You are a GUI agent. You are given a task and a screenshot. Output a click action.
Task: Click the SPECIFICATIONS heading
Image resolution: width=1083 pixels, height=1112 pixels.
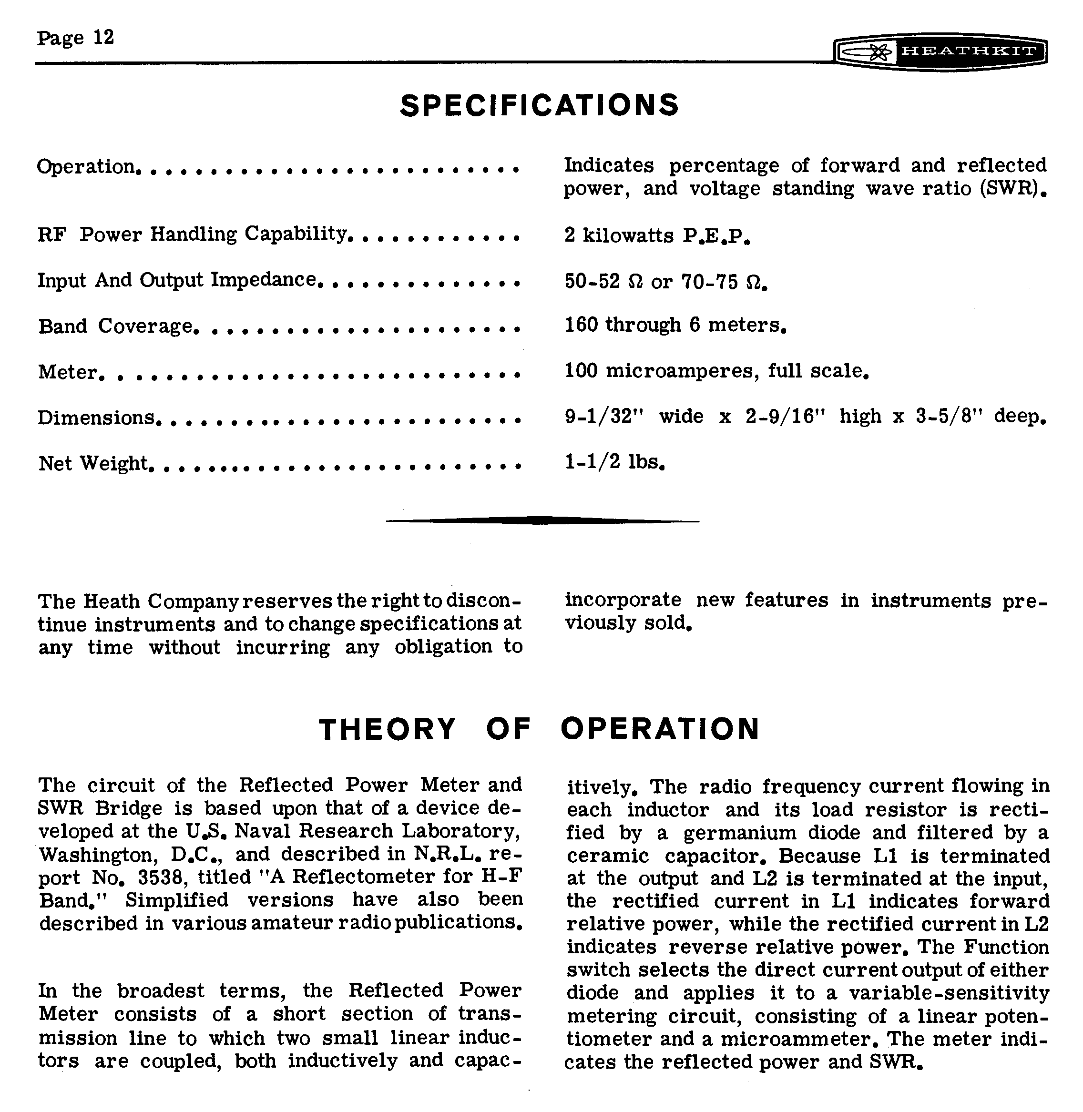click(x=539, y=105)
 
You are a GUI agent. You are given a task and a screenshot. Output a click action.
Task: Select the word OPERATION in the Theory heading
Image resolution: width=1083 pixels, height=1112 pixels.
click(x=660, y=729)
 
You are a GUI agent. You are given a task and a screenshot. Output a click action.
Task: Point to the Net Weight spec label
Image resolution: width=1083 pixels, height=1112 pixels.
click(x=93, y=464)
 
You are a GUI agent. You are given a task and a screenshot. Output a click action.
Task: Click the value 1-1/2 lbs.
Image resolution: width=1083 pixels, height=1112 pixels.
click(x=614, y=462)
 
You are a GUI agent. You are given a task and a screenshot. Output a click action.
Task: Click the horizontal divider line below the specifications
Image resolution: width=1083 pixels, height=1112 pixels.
click(x=542, y=520)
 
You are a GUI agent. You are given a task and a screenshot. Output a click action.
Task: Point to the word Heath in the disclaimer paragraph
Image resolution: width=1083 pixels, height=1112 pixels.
click(x=112, y=601)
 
